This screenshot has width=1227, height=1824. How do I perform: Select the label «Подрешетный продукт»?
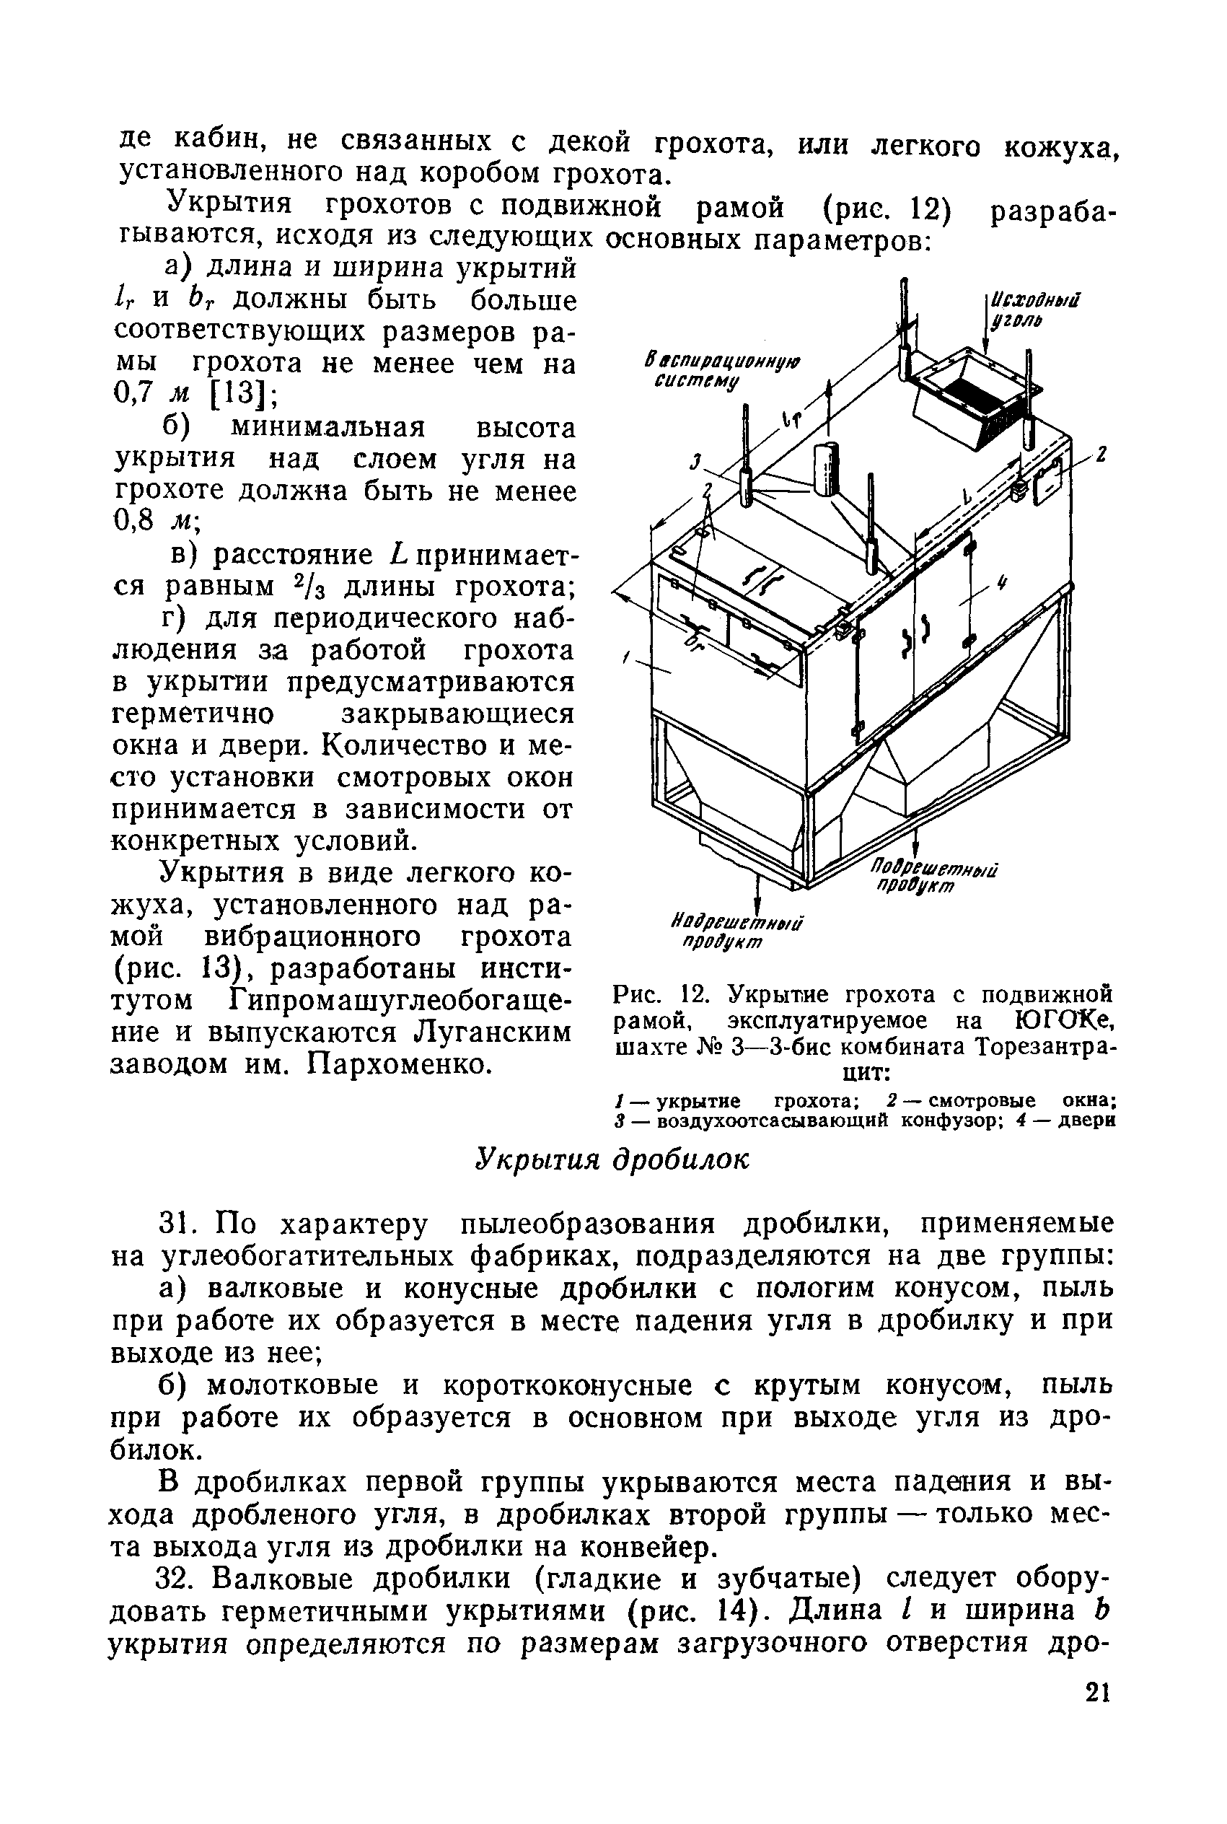935,877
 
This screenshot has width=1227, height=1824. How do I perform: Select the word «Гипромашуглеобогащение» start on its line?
400,1001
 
